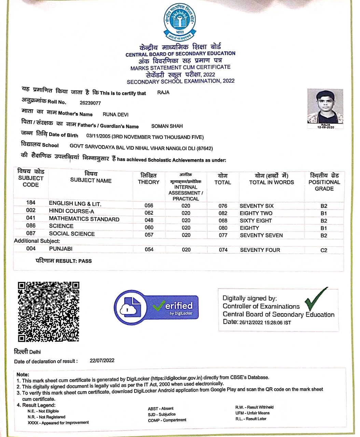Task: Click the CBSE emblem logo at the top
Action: (x=180, y=22)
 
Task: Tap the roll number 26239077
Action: (x=90, y=103)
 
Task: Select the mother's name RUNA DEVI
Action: (x=115, y=114)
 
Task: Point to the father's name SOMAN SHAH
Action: (x=167, y=126)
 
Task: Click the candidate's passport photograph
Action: (x=325, y=107)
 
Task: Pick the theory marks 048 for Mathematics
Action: (x=149, y=221)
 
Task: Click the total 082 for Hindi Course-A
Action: (x=223, y=213)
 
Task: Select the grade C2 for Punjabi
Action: (x=324, y=250)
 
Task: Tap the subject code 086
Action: (x=31, y=226)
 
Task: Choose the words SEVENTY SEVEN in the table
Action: (x=261, y=235)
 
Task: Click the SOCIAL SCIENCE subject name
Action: (x=72, y=234)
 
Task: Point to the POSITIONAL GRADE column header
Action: (x=324, y=182)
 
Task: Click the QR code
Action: (x=49, y=311)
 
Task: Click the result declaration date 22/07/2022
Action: (x=102, y=361)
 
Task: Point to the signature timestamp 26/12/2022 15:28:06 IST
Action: (x=265, y=323)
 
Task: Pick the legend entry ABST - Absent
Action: (x=161, y=409)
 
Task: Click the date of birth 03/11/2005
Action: (x=98, y=137)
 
